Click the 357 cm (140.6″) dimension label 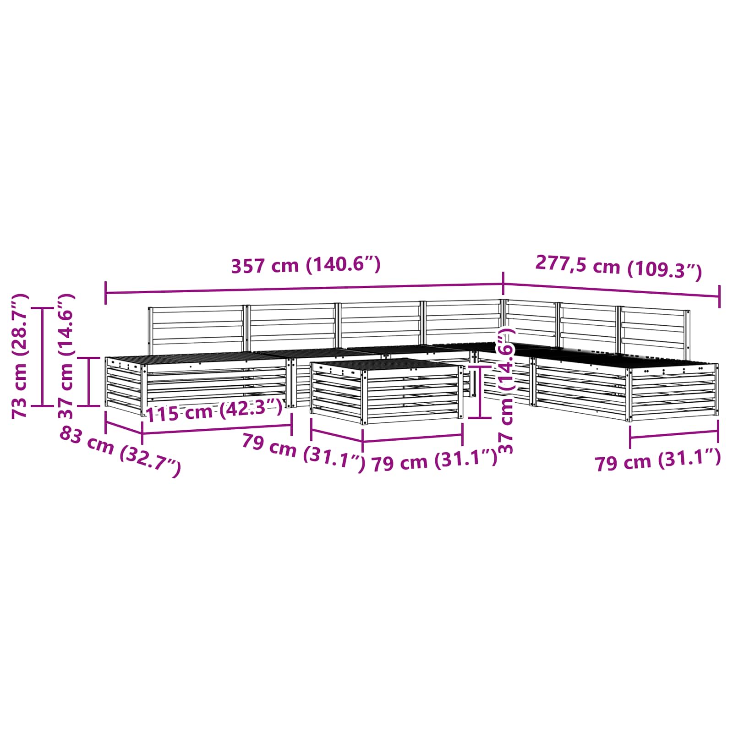[306, 265]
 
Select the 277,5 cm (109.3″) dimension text [618, 268]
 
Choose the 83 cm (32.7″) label [120, 452]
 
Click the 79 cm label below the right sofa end [658, 460]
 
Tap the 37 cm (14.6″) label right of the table [506, 390]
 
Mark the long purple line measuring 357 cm [305, 289]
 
